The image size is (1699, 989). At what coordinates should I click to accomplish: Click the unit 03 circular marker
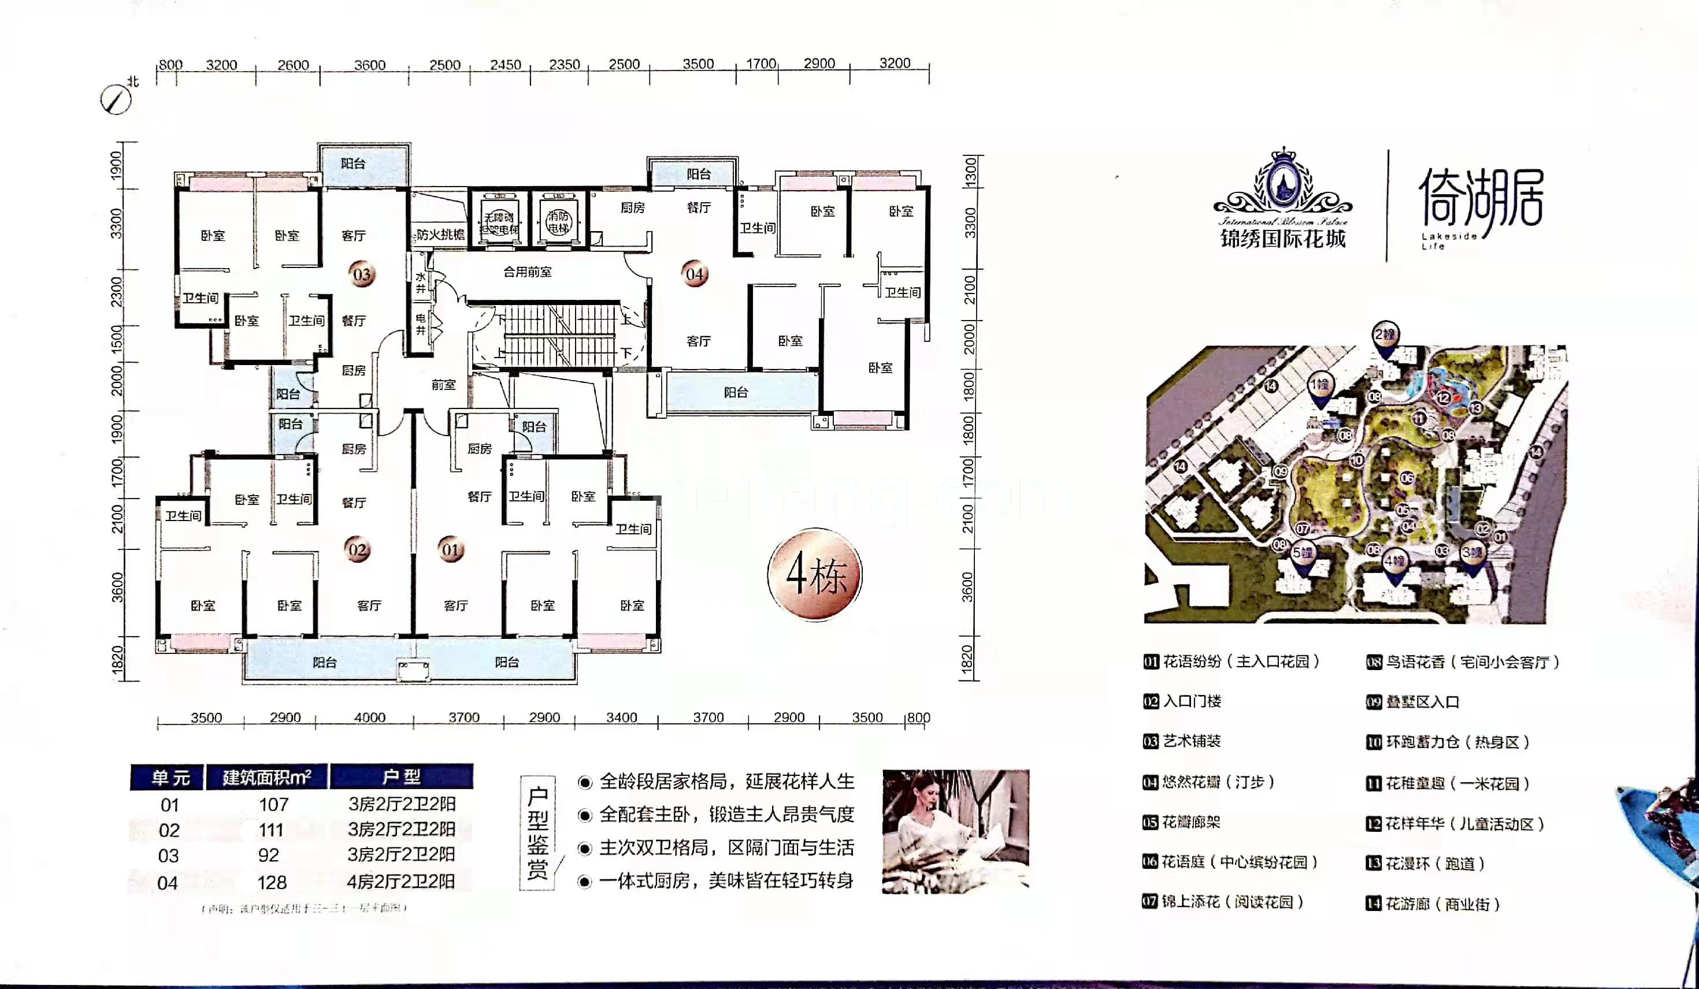362,274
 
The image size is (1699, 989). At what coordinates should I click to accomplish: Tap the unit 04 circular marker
695,274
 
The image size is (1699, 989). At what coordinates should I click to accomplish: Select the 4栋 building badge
815,574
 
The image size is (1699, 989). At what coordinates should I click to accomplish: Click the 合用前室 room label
527,272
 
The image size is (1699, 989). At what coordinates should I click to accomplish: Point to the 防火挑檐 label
440,235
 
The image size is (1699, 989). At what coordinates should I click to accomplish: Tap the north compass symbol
117,100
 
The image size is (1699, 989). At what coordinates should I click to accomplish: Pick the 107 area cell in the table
274,804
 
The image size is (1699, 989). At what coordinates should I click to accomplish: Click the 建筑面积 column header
267,778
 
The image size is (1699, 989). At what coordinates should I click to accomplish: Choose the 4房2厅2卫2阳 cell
401,881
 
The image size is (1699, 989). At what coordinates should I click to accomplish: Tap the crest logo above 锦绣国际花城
1283,182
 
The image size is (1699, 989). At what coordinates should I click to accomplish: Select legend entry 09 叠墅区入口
1413,702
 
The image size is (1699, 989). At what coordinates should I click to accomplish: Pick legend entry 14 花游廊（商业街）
1433,904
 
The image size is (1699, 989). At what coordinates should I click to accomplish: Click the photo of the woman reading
955,831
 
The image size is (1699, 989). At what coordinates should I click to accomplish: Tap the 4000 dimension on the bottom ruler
369,717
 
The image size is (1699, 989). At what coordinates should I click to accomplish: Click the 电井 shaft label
421,324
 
